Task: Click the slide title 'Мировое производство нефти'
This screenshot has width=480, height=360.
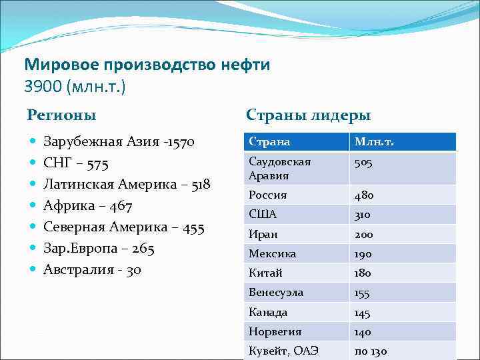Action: [147, 65]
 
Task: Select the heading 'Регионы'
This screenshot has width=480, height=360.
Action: [61, 115]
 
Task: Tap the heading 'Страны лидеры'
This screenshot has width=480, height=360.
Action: [308, 115]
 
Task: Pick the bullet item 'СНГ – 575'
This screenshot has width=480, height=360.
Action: [75, 163]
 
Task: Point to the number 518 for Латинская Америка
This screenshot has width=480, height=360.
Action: [201, 184]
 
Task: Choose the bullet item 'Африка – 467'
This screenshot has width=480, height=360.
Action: [87, 205]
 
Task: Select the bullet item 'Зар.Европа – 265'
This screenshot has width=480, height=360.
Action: [99, 248]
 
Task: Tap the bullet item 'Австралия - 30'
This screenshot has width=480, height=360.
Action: [92, 269]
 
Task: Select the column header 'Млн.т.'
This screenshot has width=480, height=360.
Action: [377, 142]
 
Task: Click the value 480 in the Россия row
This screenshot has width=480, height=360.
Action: [363, 195]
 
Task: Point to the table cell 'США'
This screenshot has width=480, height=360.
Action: [262, 215]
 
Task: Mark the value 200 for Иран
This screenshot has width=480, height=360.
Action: [364, 235]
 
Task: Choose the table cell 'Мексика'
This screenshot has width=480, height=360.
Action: [272, 254]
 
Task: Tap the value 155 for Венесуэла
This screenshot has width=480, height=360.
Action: [363, 293]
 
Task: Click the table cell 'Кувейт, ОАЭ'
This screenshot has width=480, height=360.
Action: [283, 351]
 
